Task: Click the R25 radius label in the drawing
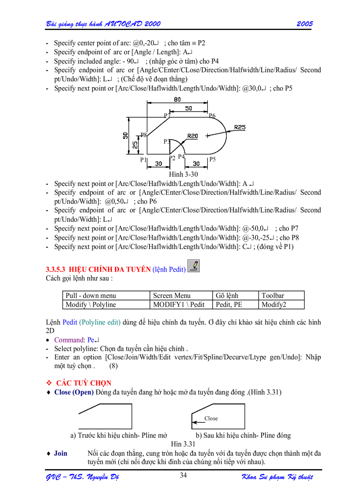pos(240,127)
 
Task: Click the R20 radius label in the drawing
pos(192,136)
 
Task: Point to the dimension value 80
pos(177,100)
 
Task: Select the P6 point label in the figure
pos(212,116)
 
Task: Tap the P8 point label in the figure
pos(144,134)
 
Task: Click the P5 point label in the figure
pos(213,159)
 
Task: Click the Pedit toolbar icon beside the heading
pos(193,266)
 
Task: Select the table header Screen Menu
pos(172,296)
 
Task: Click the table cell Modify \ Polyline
pos(91,305)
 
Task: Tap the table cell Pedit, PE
pos(229,305)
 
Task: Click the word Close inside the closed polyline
pos(211,418)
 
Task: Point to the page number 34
pos(184,475)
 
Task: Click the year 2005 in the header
pos(304,24)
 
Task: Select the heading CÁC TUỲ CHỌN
pos(84,383)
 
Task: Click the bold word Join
pos(60,453)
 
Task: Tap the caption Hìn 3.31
pos(183,444)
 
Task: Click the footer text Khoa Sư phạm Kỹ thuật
pos(277,477)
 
